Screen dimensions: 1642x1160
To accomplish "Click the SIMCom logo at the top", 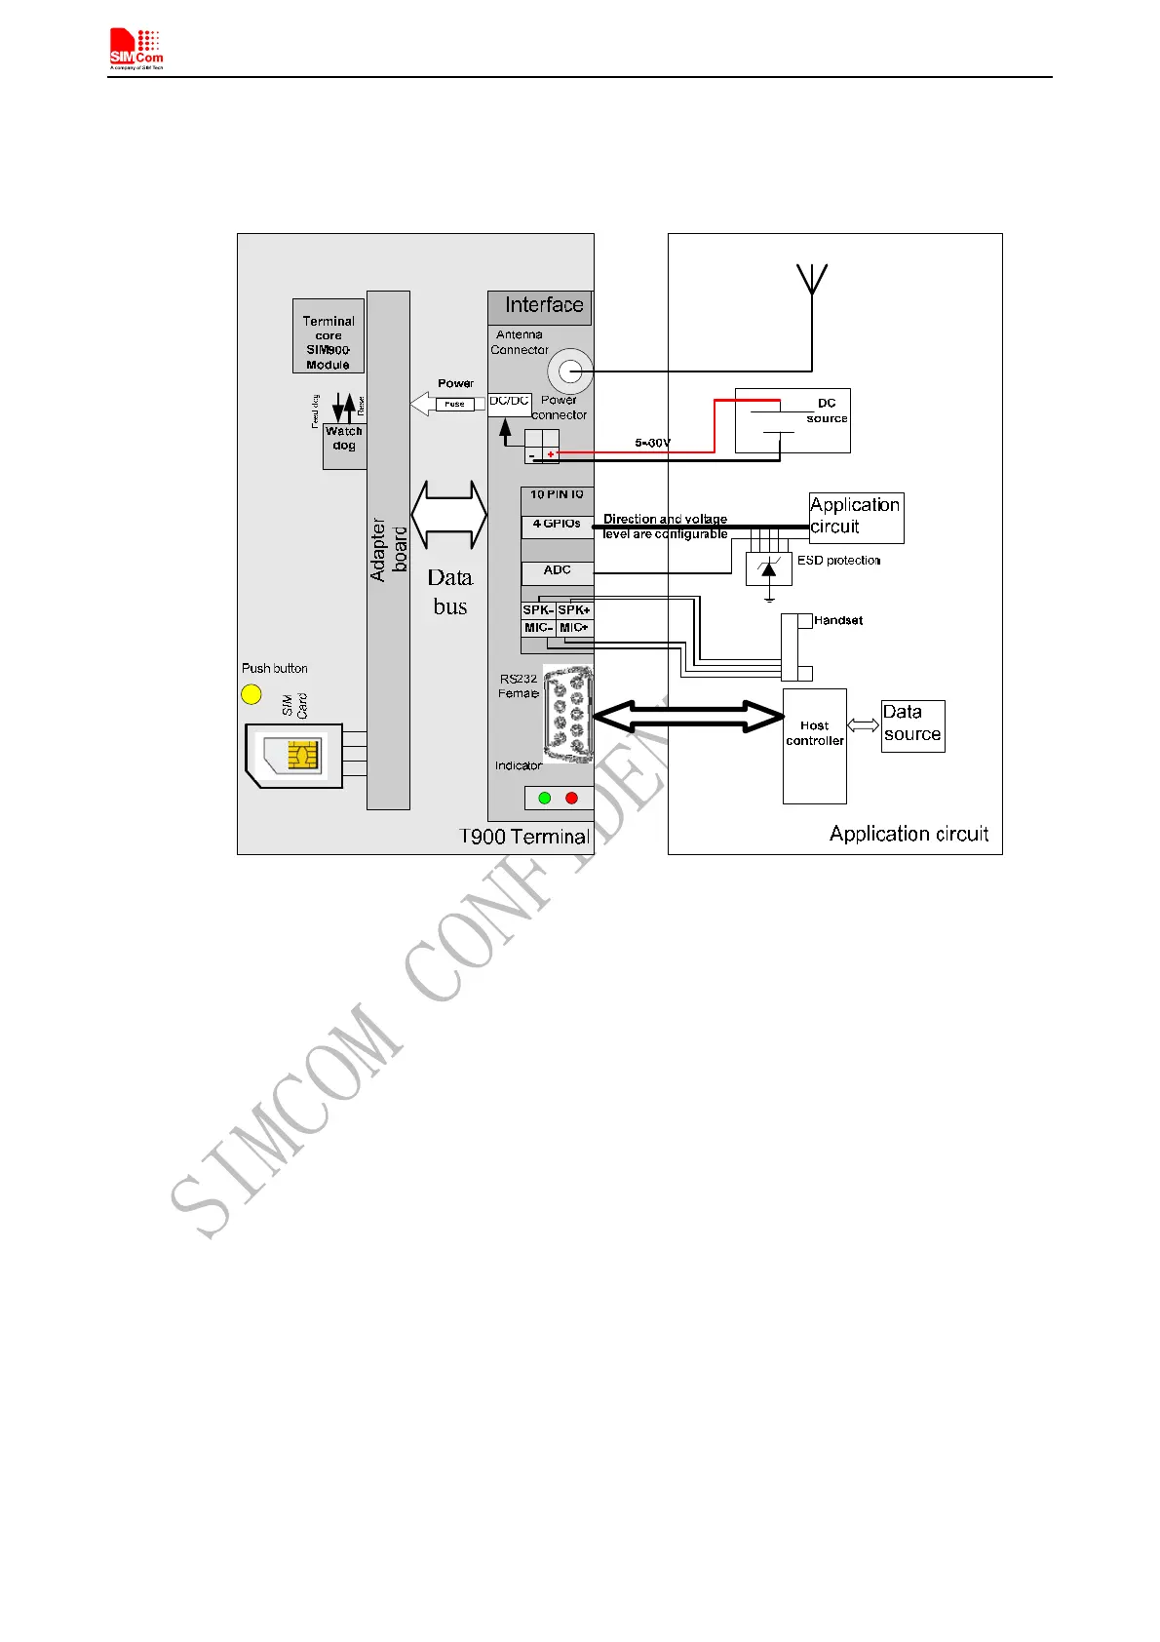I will [136, 50].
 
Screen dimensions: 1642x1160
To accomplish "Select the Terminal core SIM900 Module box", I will [329, 336].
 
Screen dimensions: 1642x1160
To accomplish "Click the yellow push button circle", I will [251, 694].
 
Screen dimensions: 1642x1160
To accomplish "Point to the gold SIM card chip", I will [302, 755].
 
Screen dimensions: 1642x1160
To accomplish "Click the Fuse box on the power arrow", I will [455, 404].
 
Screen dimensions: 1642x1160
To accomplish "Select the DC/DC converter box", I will [509, 404].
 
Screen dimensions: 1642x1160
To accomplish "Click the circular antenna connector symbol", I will [570, 371].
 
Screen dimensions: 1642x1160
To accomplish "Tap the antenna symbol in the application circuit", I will [812, 280].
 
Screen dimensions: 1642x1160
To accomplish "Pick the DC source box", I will [793, 420].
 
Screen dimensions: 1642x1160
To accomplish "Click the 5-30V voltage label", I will [652, 443].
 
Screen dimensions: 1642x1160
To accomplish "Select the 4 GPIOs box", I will [557, 525].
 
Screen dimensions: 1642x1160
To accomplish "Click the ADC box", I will [557, 570].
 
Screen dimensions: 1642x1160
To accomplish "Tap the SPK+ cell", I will [574, 610].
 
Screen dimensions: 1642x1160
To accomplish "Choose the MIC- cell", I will [538, 628].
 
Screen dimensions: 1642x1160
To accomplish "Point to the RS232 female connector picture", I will [567, 712].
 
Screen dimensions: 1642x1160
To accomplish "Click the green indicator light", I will [545, 798].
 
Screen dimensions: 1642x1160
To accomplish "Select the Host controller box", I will [815, 746].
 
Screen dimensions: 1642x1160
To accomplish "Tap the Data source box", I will [912, 726].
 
